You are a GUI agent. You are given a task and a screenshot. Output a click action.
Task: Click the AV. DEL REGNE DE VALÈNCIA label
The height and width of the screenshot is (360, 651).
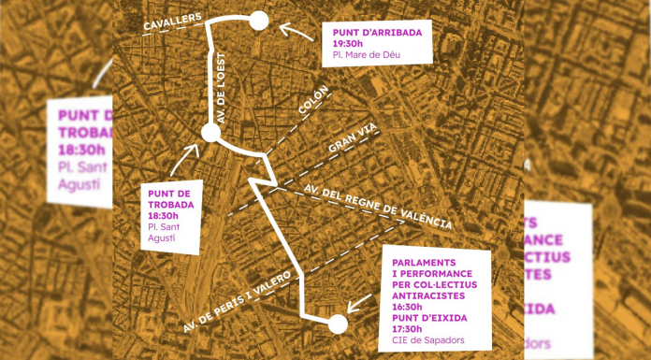[378, 206]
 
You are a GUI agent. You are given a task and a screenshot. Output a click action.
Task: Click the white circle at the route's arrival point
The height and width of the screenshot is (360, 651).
[259, 21]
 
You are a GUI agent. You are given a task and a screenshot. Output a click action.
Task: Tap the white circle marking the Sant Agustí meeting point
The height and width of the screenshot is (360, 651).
[210, 134]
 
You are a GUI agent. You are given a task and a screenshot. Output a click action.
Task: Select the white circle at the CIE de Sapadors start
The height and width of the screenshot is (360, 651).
[338, 324]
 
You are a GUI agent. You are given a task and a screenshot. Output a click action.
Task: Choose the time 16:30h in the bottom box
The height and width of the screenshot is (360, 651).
[407, 306]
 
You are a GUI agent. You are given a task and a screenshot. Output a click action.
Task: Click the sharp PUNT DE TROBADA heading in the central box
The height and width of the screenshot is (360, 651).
[171, 198]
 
